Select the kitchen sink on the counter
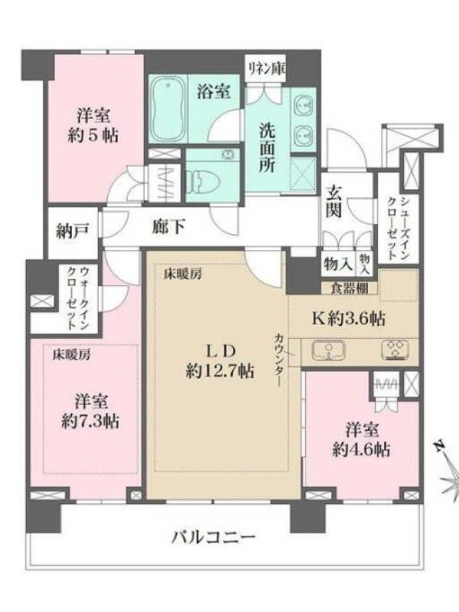click(328, 351)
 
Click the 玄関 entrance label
click(334, 201)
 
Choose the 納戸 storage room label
click(73, 232)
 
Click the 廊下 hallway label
click(168, 226)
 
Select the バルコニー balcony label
click(214, 538)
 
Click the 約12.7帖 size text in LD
click(220, 371)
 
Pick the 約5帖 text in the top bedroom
click(93, 136)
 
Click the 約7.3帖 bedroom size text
click(90, 422)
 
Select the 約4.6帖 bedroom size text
click(361, 450)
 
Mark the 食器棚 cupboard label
click(350, 288)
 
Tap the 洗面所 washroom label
click(268, 148)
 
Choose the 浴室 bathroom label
click(213, 92)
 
